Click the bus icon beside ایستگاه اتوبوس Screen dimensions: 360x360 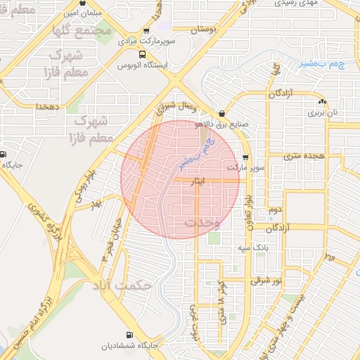(x=143, y=54)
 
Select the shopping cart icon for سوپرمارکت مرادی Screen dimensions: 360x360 (x=146, y=31)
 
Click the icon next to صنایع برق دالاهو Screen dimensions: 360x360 (x=222, y=113)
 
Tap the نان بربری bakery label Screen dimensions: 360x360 (x=325, y=112)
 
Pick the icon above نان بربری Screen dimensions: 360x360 (x=323, y=101)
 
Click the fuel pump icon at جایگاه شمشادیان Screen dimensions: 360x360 (x=129, y=335)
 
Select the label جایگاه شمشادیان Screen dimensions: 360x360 (x=129, y=346)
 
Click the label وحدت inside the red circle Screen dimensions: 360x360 (x=202, y=222)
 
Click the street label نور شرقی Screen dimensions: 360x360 (x=266, y=281)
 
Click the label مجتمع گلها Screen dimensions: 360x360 (x=102, y=31)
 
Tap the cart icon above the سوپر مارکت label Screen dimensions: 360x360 (x=245, y=157)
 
